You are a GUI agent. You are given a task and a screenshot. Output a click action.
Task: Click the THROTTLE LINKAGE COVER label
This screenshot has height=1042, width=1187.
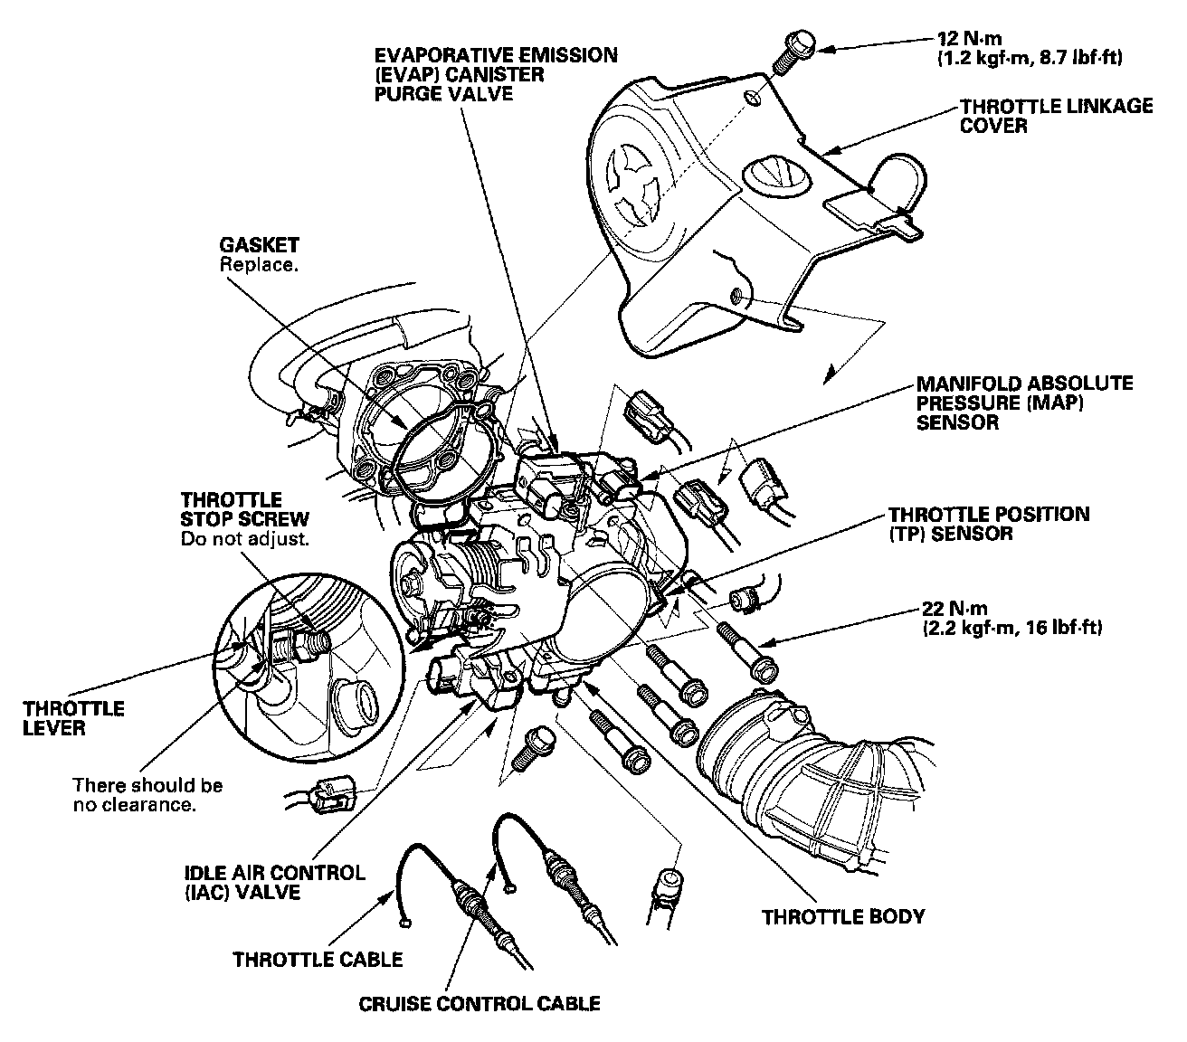(1055, 116)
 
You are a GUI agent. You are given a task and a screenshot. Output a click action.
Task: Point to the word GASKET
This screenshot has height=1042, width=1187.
(259, 245)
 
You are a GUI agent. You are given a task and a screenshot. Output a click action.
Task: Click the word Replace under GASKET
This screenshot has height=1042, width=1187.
(258, 267)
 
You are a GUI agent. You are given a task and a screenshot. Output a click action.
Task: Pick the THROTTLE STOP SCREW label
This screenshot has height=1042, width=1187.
(244, 509)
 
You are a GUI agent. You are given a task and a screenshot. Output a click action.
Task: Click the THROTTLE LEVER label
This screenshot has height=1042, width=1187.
(74, 718)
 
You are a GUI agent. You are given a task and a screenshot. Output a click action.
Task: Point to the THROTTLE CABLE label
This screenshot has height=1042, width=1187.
(318, 959)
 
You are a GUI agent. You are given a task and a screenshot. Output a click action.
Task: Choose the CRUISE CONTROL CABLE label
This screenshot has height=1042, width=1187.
(479, 1003)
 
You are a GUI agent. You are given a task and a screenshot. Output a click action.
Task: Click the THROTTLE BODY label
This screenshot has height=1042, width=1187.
(843, 916)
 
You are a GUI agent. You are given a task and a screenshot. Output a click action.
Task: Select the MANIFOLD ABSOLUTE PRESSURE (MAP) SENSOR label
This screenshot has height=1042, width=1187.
(1024, 403)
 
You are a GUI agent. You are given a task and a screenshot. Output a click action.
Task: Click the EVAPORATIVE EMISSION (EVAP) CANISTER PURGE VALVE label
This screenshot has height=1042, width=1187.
(496, 74)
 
